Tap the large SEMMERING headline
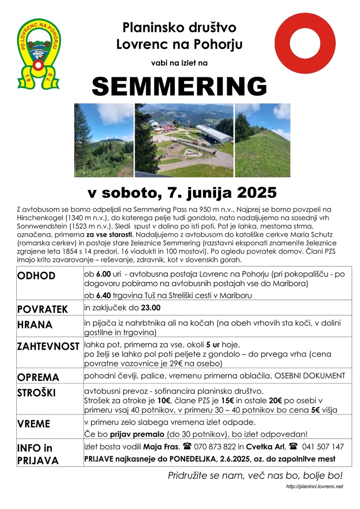180,86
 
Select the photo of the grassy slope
262,140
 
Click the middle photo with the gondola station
184,140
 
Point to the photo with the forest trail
103,140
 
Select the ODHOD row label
36,276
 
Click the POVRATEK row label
42,309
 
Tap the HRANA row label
35,325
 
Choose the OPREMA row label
38,377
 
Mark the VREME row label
34,424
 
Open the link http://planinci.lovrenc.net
314,486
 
